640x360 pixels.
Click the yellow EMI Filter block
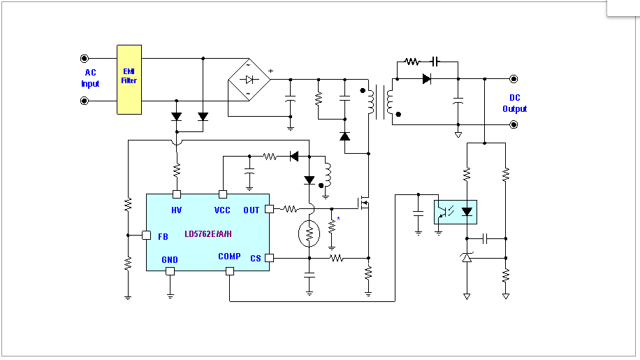click(129, 80)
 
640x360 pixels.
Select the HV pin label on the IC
click(176, 210)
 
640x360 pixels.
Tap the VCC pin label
click(222, 210)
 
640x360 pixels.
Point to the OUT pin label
click(252, 210)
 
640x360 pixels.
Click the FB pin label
click(163, 237)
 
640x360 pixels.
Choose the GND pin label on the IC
click(170, 259)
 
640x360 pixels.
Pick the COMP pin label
click(229, 257)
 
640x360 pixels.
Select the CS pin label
click(256, 259)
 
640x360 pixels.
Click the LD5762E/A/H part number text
click(208, 234)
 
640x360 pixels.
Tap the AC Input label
click(90, 78)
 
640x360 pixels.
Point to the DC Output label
click(515, 103)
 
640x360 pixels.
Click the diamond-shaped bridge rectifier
click(249, 80)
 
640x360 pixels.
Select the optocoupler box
click(456, 212)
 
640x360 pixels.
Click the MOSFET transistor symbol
click(363, 203)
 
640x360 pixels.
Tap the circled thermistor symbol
click(309, 233)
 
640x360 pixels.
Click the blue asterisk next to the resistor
click(338, 219)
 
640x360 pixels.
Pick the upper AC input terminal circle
click(85, 58)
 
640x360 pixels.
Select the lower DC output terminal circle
click(514, 124)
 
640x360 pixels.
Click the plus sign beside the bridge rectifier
click(270, 71)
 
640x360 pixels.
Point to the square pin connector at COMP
click(230, 271)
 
